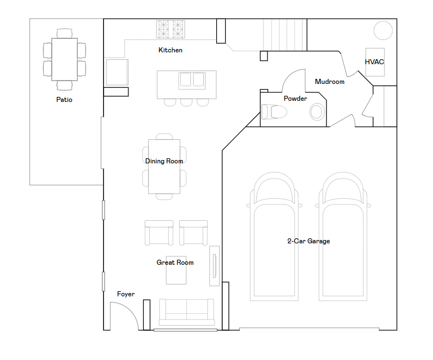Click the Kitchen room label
pos(171,50)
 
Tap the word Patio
pos(64,100)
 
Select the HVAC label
pos(374,62)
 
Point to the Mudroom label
pos(330,82)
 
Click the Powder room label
pos(295,99)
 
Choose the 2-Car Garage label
pos(309,241)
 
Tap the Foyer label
pos(126,294)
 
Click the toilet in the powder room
pos(274,112)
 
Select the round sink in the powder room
pos(317,112)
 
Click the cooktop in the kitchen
pos(171,29)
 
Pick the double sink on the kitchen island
pos(192,81)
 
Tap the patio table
pos(64,59)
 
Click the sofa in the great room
pos(187,312)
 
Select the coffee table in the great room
pos(176,270)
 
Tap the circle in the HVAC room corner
pos(383,30)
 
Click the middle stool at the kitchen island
pos(186,103)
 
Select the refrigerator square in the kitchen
pos(117,72)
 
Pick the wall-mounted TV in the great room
pos(215,266)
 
